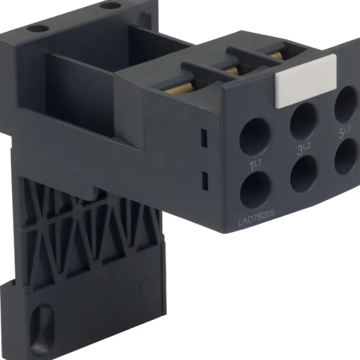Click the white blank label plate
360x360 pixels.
(x=306, y=81)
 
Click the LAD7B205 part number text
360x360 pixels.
(x=256, y=218)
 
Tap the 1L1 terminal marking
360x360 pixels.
(x=255, y=165)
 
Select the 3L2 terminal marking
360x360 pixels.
(x=304, y=148)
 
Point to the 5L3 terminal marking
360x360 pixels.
(x=345, y=132)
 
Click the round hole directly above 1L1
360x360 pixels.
(x=255, y=137)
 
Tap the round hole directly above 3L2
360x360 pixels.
(x=304, y=121)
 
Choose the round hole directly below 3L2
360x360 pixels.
(x=304, y=174)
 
